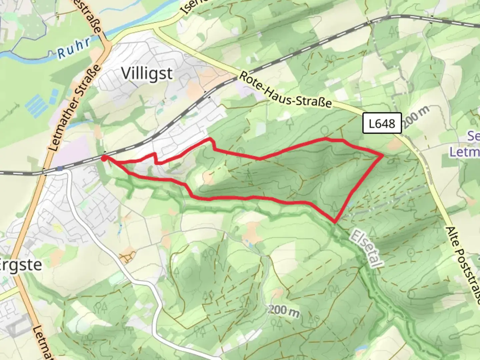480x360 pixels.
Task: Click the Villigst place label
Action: click(x=147, y=73)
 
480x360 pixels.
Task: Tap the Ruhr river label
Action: click(x=74, y=49)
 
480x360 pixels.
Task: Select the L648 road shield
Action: click(x=382, y=124)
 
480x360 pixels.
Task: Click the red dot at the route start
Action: click(x=104, y=158)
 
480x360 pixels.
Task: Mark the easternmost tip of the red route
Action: click(x=382, y=155)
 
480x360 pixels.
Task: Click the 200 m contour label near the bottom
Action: click(x=284, y=311)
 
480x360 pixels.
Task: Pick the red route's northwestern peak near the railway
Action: click(x=210, y=138)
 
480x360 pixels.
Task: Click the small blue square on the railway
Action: click(x=60, y=169)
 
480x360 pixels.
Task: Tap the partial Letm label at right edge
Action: click(x=465, y=152)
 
